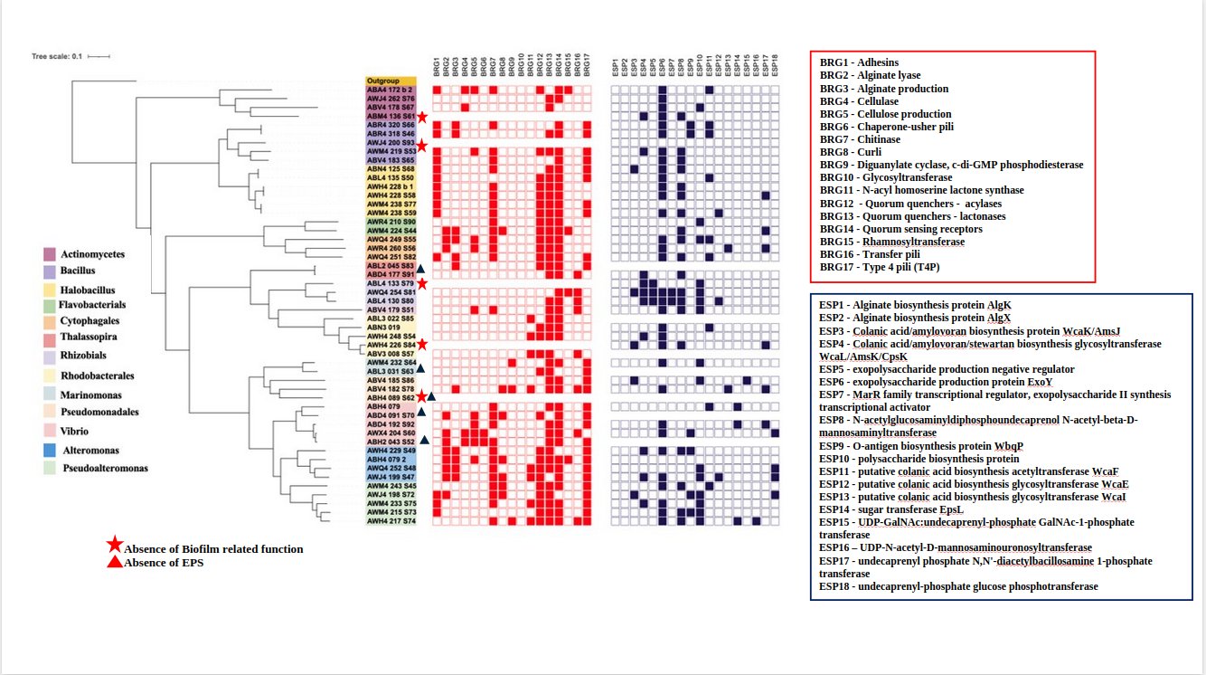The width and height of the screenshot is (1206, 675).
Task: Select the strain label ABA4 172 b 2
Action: [390, 90]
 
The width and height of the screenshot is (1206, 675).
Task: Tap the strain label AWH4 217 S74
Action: [391, 520]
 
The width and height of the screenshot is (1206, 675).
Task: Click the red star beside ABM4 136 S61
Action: [421, 116]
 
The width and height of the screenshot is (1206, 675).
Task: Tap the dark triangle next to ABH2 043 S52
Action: [424, 440]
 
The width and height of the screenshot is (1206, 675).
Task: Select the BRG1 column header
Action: [436, 67]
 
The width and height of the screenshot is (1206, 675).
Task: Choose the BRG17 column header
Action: [586, 67]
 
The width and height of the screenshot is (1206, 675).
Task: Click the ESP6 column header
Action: [662, 67]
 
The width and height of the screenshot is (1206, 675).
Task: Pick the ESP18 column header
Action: [776, 67]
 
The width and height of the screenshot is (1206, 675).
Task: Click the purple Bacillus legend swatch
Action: [49, 271]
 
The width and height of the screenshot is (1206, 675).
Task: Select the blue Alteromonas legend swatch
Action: [49, 450]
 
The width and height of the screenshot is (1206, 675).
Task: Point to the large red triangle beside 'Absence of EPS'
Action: [115, 562]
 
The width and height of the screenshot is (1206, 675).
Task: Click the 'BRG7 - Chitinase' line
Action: [860, 139]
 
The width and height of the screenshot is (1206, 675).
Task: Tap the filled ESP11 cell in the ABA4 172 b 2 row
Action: [710, 90]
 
